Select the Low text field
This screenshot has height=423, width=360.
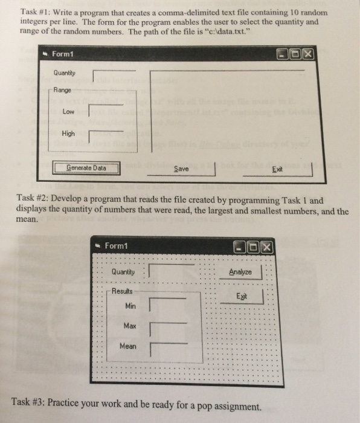[106, 111]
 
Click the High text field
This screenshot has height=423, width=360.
[106, 137]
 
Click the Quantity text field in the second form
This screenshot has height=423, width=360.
[171, 271]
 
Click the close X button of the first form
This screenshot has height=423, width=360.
[307, 55]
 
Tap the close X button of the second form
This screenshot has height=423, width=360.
[266, 247]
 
